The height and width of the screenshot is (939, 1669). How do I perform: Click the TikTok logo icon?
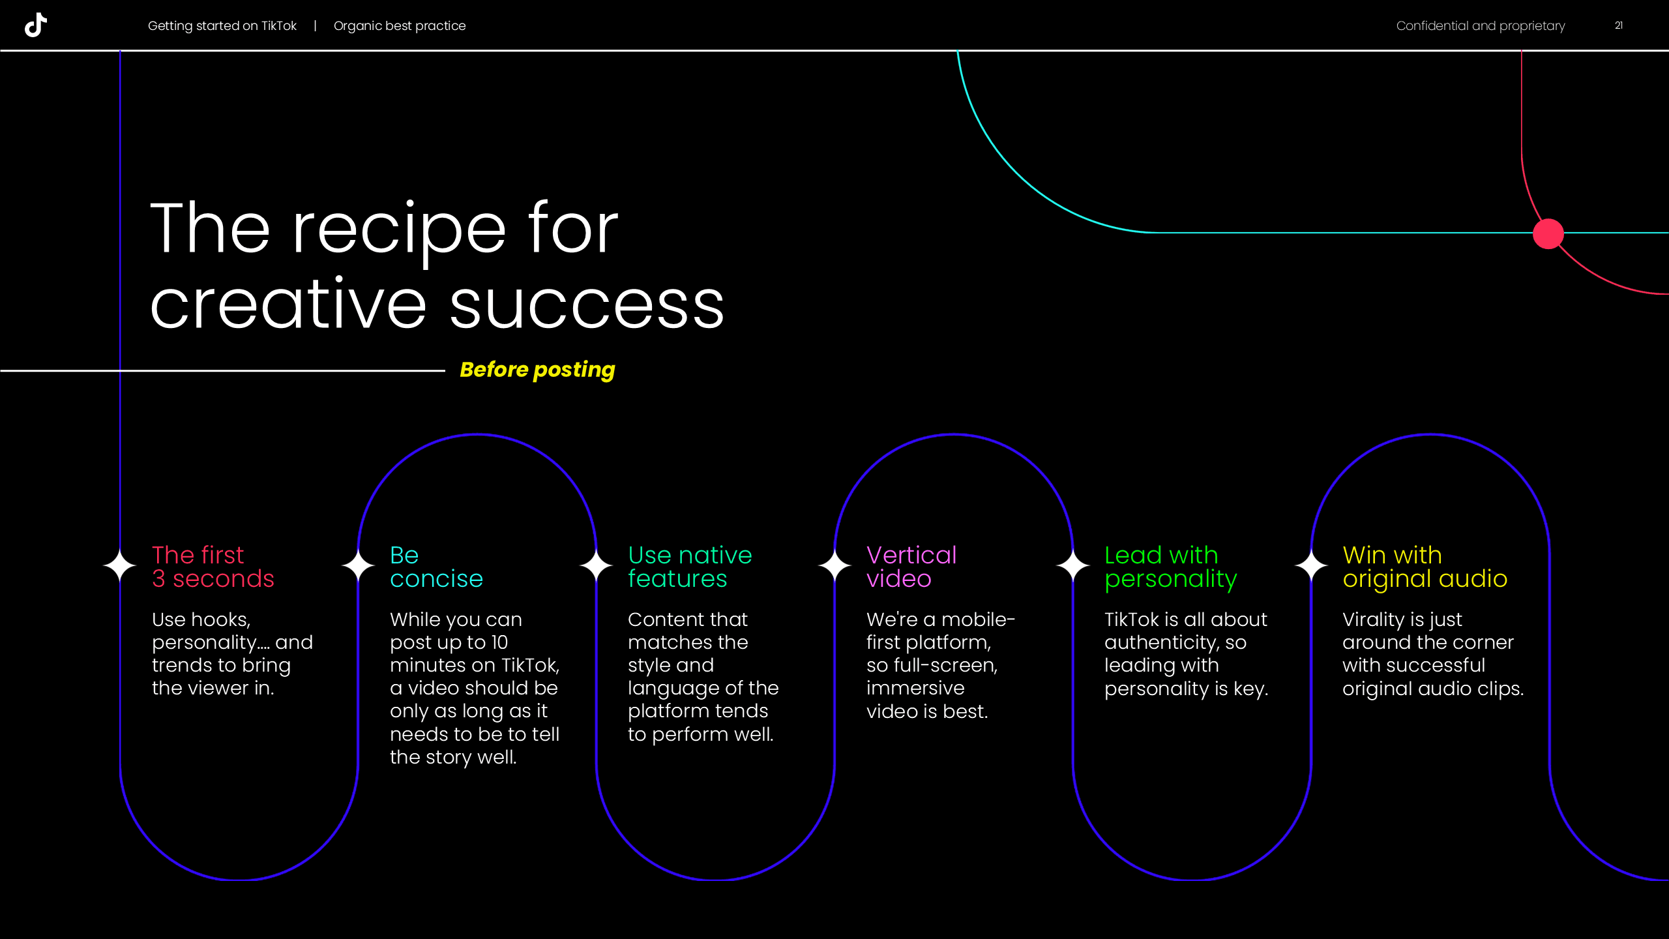tap(36, 25)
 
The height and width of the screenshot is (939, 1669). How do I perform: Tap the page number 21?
tap(1619, 25)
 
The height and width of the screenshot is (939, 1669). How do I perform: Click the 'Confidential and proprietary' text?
tap(1480, 26)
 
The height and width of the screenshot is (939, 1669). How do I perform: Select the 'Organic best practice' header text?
tap(400, 26)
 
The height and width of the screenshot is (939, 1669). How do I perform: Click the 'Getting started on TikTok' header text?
tap(222, 26)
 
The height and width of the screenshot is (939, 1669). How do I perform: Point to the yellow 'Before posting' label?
tap(537, 370)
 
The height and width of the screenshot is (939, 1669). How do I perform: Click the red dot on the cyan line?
tap(1548, 234)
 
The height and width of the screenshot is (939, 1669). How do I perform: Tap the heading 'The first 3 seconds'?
tap(213, 567)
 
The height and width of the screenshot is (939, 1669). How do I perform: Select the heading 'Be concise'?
tap(436, 567)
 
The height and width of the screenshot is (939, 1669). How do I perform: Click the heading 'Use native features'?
tap(690, 567)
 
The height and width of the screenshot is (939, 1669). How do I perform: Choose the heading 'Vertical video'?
tap(911, 567)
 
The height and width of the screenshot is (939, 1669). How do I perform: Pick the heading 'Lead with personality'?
tap(1170, 567)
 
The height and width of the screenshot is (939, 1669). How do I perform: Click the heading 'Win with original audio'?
tap(1425, 567)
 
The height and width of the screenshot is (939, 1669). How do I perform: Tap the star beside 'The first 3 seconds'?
tap(120, 566)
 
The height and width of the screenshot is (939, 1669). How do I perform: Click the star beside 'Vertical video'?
tap(834, 566)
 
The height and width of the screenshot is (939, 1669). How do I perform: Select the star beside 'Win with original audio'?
tap(1311, 566)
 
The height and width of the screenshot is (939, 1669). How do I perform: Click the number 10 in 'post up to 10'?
tap(499, 643)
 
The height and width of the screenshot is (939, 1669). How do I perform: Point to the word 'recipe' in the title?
tap(398, 230)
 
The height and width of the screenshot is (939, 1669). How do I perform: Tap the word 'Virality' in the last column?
tap(1373, 619)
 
